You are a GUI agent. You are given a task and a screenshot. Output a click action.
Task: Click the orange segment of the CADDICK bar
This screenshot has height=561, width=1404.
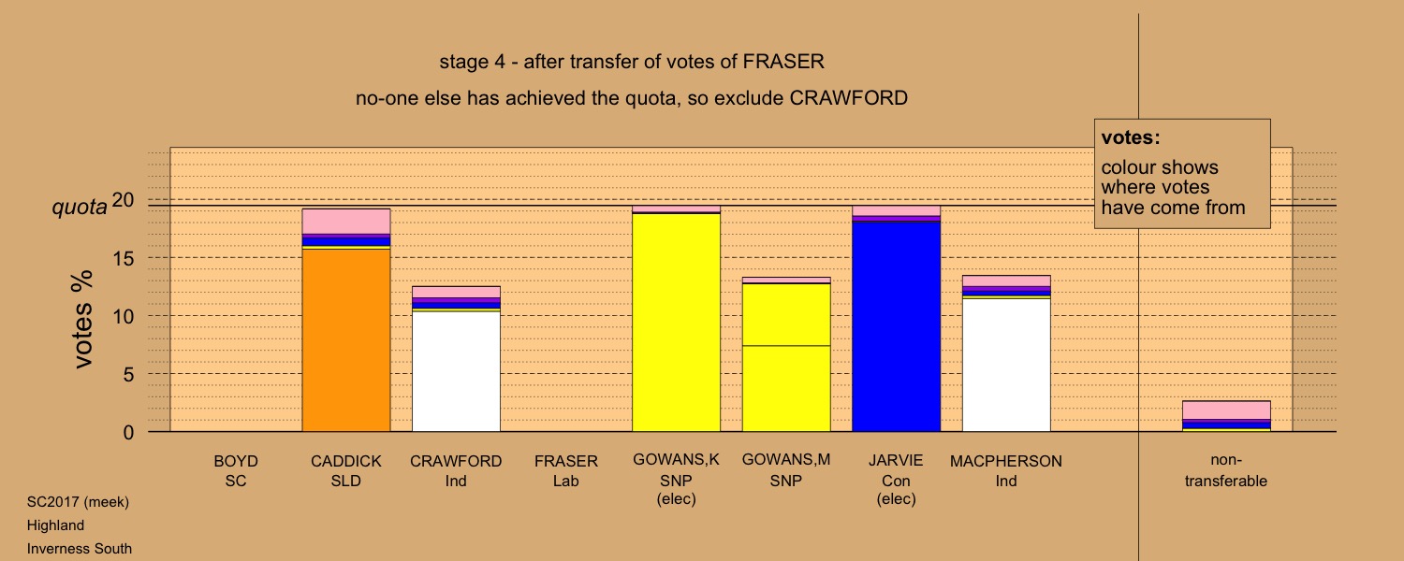(x=346, y=340)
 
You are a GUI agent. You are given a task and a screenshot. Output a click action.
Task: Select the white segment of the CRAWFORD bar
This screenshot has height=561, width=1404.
(x=456, y=371)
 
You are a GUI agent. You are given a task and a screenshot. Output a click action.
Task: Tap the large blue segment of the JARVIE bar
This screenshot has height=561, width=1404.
(x=897, y=327)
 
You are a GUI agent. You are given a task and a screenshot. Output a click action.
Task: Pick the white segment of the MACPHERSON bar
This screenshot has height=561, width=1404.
(x=1006, y=365)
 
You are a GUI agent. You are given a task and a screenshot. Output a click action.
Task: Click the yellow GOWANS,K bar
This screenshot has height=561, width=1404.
(x=677, y=323)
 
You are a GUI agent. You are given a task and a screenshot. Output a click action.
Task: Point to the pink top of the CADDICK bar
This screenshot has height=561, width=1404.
(x=346, y=222)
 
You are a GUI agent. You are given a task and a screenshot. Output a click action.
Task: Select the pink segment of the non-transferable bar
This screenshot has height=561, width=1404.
(x=1226, y=410)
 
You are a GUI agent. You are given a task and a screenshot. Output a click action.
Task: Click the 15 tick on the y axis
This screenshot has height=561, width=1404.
(x=124, y=258)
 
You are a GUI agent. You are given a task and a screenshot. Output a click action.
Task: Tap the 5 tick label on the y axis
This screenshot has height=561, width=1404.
(x=128, y=374)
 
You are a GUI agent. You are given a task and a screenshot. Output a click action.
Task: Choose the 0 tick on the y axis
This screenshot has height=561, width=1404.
(x=128, y=432)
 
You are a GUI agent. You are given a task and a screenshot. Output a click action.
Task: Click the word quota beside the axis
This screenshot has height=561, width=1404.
(x=80, y=207)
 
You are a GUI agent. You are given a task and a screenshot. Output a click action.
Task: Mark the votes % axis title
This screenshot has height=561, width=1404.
(x=82, y=320)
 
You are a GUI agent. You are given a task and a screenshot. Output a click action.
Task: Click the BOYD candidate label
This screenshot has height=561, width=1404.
(x=236, y=461)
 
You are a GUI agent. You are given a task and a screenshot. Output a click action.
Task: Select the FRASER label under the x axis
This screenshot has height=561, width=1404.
(x=566, y=461)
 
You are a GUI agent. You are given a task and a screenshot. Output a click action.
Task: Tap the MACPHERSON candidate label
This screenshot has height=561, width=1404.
(x=1006, y=461)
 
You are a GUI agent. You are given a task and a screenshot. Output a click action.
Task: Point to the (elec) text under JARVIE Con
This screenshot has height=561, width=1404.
(x=897, y=499)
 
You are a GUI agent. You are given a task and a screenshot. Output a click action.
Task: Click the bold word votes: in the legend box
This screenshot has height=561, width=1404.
(x=1131, y=137)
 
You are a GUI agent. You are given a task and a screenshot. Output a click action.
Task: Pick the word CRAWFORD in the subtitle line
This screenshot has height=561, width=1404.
(x=848, y=98)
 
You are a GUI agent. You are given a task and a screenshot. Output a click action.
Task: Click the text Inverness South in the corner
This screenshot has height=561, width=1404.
(x=80, y=549)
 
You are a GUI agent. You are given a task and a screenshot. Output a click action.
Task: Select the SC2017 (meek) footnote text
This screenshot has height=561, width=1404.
(x=78, y=502)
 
